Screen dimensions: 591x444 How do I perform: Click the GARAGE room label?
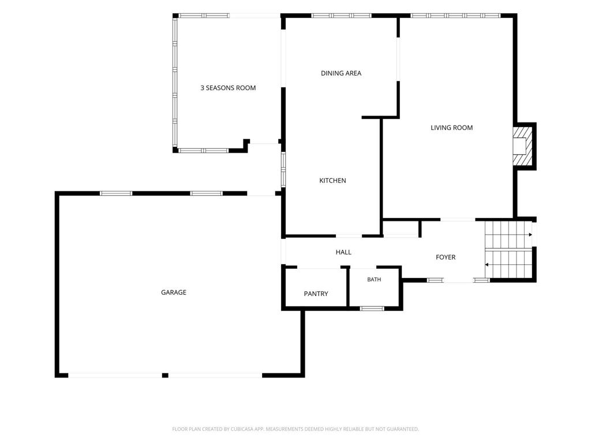click(x=173, y=292)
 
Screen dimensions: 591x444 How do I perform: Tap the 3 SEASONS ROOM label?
click(x=228, y=88)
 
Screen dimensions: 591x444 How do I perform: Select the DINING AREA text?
click(x=341, y=73)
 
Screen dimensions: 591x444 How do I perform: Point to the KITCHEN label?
click(x=332, y=180)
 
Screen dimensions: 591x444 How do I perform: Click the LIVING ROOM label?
click(x=451, y=128)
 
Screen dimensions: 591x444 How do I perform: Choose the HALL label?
click(x=343, y=252)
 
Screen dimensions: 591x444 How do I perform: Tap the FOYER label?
click(x=446, y=257)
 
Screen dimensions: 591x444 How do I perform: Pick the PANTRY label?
click(x=316, y=294)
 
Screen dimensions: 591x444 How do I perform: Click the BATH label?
click(x=374, y=279)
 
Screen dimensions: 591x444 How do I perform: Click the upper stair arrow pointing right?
click(x=508, y=235)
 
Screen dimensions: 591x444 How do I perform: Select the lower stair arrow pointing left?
click(x=508, y=265)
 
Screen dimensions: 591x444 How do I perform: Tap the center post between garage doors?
click(x=164, y=375)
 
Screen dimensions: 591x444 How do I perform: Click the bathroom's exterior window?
click(x=372, y=309)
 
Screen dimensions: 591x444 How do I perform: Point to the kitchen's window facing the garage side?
click(x=283, y=169)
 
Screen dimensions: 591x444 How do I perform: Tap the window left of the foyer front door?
click(x=435, y=280)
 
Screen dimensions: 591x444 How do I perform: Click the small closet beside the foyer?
click(x=401, y=229)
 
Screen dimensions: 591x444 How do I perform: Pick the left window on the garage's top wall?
click(x=116, y=193)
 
